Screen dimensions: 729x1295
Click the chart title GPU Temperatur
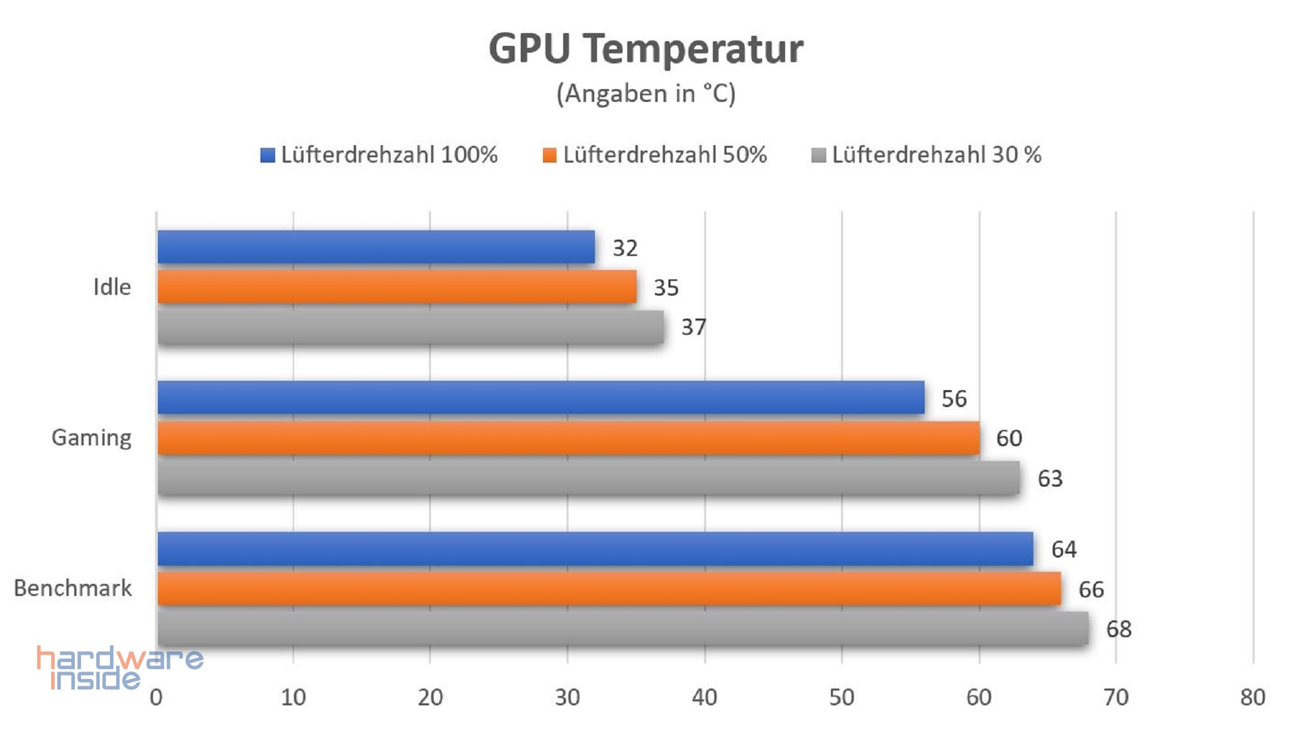[646, 49]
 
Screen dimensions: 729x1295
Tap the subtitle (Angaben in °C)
[646, 93]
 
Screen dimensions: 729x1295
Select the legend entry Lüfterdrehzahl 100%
[379, 155]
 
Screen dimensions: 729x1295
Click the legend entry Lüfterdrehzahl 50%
[655, 155]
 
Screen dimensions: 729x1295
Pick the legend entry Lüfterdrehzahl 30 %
[927, 155]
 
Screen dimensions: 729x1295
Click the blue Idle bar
[376, 247]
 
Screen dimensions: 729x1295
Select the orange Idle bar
[397, 287]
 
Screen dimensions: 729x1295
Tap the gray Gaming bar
[589, 478]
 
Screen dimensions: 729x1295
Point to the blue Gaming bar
[541, 398]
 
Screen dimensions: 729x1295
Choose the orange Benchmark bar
[609, 589]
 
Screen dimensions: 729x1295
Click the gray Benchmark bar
[623, 628]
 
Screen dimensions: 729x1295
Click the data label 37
[693, 327]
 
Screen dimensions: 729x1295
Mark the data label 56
[954, 399]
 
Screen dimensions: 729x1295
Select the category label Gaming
[92, 438]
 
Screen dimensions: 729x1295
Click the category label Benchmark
[73, 589]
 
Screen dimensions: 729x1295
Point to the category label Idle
[112, 288]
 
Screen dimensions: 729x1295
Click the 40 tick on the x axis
[705, 697]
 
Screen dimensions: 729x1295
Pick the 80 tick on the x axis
[1253, 697]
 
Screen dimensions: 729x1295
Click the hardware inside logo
[120, 668]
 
